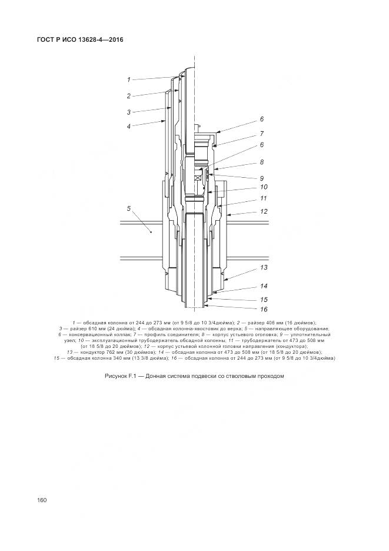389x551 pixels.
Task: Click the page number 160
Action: (x=41, y=500)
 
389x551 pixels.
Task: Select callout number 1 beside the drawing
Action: (x=128, y=79)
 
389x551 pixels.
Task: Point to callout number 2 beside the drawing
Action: (x=128, y=95)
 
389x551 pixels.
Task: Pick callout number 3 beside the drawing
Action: (x=128, y=112)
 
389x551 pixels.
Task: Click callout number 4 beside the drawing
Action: (x=128, y=126)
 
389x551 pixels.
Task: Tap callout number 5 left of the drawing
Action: (x=128, y=208)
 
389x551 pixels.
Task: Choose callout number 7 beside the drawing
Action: (x=262, y=134)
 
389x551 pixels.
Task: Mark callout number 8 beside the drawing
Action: (x=262, y=161)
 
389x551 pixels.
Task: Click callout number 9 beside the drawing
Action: (x=262, y=177)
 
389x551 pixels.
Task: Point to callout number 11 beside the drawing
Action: (x=264, y=198)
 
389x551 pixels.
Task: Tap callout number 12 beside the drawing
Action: (x=264, y=211)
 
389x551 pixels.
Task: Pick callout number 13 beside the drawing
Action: (x=264, y=267)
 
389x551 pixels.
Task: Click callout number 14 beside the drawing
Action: (x=264, y=287)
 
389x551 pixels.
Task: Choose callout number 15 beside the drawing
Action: (x=264, y=299)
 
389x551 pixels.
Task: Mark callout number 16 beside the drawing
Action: (x=264, y=309)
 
